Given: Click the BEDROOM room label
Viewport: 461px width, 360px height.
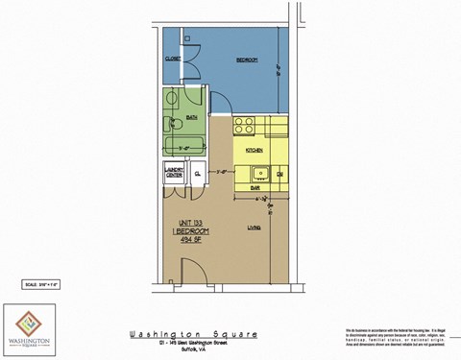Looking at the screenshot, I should coord(248,60).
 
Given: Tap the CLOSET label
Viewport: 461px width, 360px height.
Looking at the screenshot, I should coord(173,59).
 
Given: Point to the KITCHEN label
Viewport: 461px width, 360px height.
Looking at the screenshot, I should coord(255,151).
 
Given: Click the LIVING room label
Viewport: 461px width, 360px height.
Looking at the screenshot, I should coord(255,227).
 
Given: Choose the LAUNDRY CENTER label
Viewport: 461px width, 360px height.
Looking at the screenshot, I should coord(175,175).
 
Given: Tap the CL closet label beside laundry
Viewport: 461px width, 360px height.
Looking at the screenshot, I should coord(197,175).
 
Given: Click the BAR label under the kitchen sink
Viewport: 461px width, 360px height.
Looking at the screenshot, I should coord(256,188).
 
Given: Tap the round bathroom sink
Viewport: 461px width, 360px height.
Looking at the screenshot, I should coord(172,101).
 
